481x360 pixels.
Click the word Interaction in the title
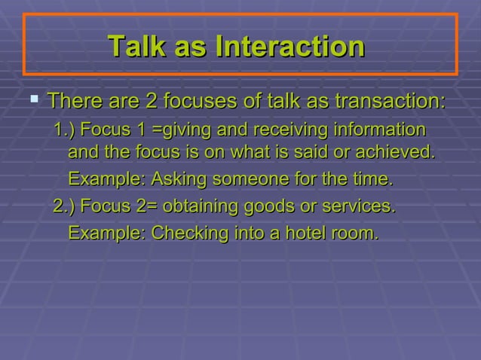[290, 47]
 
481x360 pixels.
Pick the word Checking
[185, 233]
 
